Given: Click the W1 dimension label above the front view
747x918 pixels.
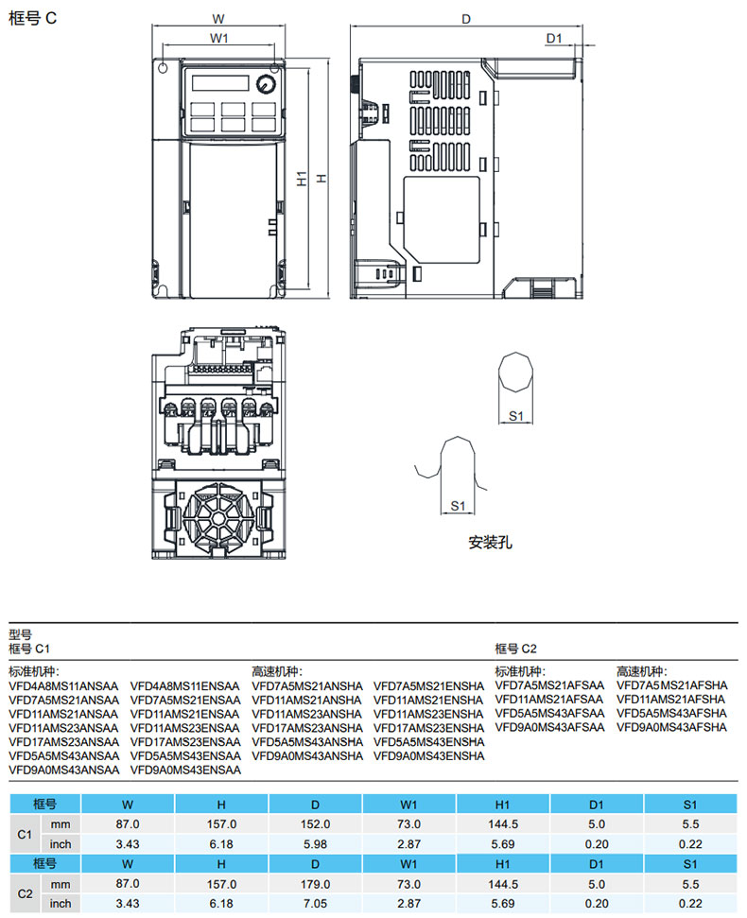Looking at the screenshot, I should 219,38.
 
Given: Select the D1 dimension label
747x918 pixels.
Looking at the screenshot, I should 554,38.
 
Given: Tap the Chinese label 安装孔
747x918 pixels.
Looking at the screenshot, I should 489,544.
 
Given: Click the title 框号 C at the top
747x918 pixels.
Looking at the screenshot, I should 33,19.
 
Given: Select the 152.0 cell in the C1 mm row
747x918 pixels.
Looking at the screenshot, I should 315,824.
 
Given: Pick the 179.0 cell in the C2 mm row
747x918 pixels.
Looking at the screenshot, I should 315,883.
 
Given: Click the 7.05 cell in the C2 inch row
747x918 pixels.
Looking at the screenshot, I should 315,903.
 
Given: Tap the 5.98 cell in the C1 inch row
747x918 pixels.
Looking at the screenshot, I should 315,843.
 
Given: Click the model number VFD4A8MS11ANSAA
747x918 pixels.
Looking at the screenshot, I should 64,686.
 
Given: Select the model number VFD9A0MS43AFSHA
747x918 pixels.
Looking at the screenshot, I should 671,727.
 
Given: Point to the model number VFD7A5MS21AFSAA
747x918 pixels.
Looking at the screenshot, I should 549,686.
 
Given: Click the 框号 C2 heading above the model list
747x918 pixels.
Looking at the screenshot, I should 516,649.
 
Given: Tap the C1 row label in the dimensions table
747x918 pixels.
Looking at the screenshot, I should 26,834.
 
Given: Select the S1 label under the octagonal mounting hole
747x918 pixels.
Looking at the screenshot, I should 516,416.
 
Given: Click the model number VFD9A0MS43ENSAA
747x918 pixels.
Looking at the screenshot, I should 185,770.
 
